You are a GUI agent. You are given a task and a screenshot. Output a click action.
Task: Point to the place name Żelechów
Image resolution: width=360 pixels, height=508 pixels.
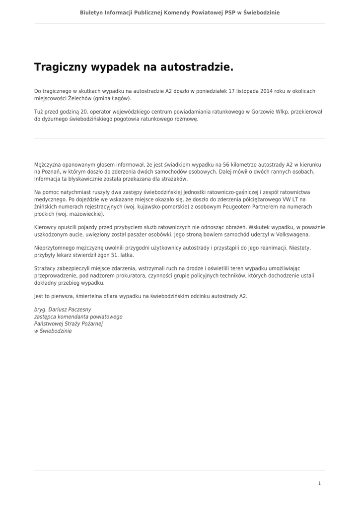tap(76, 99)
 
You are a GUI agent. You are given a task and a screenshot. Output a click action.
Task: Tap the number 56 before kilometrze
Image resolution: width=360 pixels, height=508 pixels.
tap(227, 164)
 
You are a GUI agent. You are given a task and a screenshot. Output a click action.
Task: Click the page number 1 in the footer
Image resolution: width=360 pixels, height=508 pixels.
tap(319, 483)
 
